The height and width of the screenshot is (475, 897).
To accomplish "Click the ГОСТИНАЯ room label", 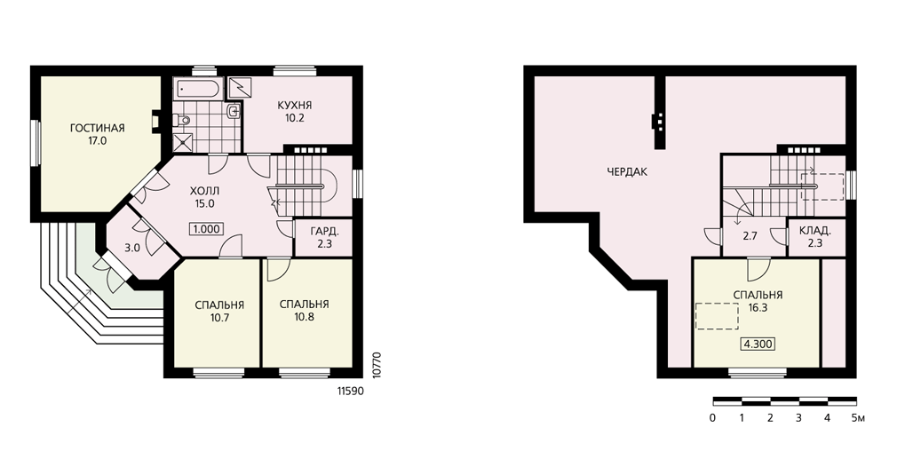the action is coord(98,128).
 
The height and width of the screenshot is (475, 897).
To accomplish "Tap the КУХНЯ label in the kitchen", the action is coord(295,106).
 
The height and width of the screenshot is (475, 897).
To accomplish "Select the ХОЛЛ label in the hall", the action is coord(204,191).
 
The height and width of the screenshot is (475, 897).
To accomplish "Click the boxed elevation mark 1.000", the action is coord(207,229).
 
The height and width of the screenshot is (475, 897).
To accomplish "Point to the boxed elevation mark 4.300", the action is coord(758,344).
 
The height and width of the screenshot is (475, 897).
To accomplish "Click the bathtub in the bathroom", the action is coord(196,89).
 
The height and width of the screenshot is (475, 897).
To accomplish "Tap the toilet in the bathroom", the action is coord(182,120).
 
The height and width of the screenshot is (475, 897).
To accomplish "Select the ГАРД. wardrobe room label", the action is coord(324,232).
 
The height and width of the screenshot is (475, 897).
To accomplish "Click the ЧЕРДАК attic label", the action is coord(628,171).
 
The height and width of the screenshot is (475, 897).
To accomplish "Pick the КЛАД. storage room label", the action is coord(815,231).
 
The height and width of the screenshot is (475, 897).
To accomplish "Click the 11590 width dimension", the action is coord(350,392).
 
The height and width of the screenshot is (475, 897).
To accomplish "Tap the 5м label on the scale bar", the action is coord(858,418).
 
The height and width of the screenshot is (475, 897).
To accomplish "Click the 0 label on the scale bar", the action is coord(713,418).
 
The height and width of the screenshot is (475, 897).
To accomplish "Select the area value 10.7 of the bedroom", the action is coord(219,318).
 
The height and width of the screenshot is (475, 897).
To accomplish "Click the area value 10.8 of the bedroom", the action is coord(305,317).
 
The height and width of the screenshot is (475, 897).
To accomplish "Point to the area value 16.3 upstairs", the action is coord(758,307).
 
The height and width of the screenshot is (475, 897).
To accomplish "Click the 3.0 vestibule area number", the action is coord(132,248).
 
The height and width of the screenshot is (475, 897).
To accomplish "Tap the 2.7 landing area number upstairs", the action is coord(750,235).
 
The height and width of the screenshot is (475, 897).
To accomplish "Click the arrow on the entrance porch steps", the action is coord(79,301).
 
